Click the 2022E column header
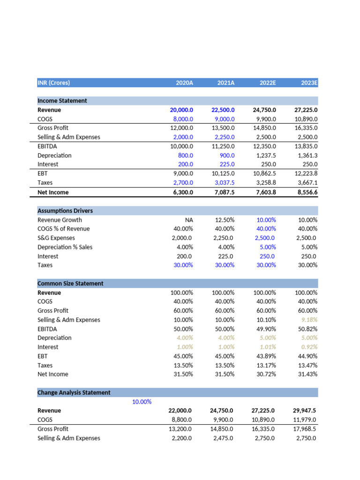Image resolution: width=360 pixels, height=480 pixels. (x=268, y=83)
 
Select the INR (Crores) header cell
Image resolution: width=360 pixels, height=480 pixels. (x=53, y=83)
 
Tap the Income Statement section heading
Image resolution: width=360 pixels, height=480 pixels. (x=62, y=101)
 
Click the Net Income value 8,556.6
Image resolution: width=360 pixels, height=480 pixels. (x=304, y=192)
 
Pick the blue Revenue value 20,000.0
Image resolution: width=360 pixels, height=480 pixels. (x=181, y=110)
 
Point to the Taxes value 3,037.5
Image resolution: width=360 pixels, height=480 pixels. (x=224, y=183)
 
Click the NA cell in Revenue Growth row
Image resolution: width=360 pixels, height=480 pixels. (x=188, y=220)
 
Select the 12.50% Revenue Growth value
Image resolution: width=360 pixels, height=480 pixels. (x=225, y=220)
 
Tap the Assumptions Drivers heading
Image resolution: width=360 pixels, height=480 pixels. (x=65, y=211)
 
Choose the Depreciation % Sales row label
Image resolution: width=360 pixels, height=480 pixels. (x=65, y=247)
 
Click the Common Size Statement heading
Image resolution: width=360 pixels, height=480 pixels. (x=70, y=284)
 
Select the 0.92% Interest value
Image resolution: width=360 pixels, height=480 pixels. (x=308, y=347)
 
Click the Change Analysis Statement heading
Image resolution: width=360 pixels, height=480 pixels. (x=74, y=393)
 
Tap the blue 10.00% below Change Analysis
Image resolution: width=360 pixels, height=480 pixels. (x=142, y=402)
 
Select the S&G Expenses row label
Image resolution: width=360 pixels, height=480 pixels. (x=56, y=238)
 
